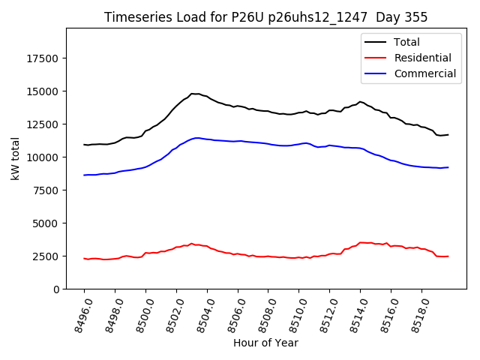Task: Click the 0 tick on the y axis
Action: tap(56, 289)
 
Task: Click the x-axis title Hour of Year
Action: tap(265, 343)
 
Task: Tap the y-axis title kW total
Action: tap(15, 159)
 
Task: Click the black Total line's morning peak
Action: tap(193, 94)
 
